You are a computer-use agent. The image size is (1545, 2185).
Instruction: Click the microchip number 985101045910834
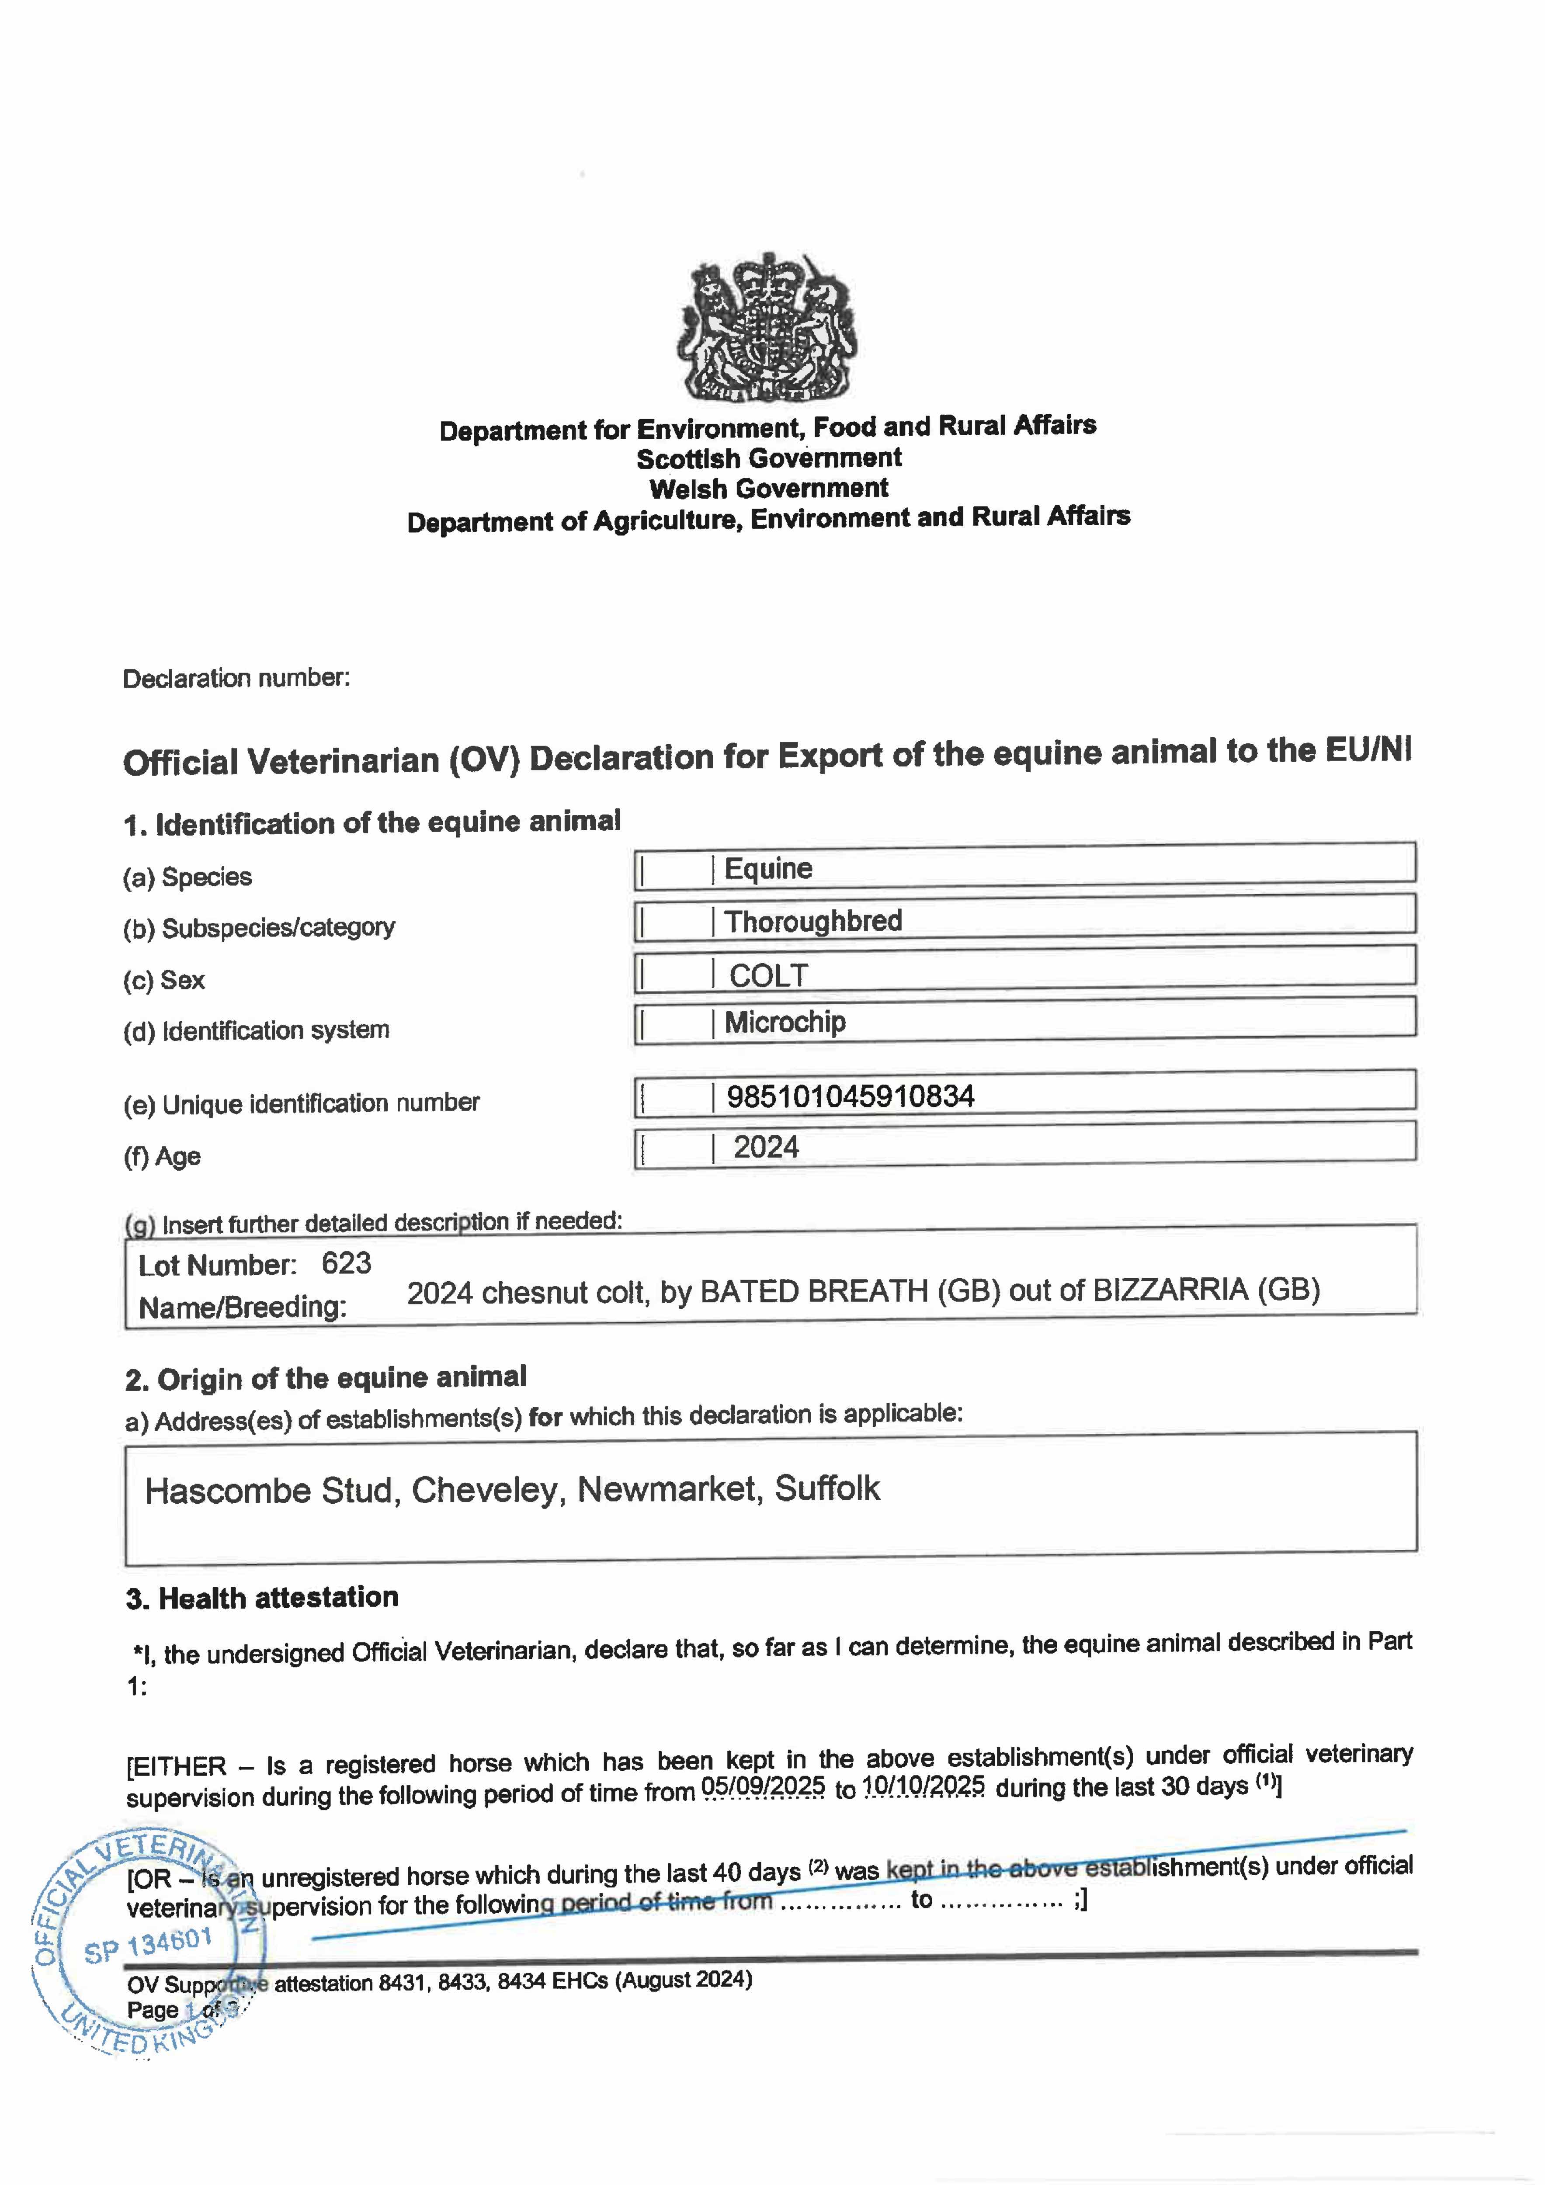[850, 1096]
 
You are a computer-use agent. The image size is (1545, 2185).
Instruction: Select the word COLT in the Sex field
[768, 975]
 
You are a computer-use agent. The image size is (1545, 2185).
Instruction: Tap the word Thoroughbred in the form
[813, 921]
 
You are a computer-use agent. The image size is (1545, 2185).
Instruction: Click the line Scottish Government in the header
[768, 458]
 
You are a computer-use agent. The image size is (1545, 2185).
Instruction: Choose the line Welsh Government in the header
[768, 488]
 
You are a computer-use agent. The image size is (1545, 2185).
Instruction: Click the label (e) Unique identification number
[301, 1103]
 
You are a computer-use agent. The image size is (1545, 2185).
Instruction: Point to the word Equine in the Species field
[768, 868]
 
